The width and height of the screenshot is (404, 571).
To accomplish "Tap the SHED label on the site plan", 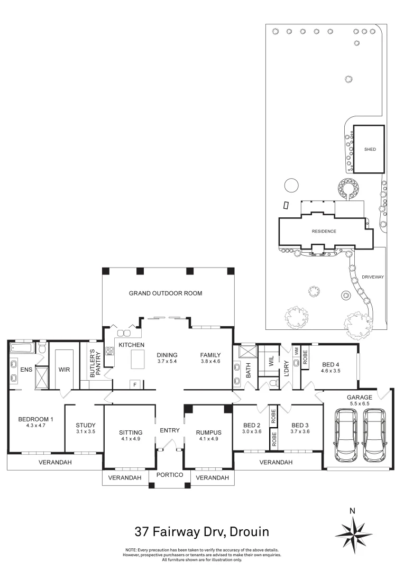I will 370,150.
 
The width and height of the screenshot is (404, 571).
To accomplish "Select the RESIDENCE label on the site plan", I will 324,231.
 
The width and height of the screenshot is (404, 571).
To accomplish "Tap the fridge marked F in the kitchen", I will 135,384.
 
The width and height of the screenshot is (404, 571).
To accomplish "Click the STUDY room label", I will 85,425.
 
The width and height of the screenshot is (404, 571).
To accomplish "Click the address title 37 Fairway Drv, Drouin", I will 202,530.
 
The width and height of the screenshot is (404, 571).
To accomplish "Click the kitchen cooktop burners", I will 111,351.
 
